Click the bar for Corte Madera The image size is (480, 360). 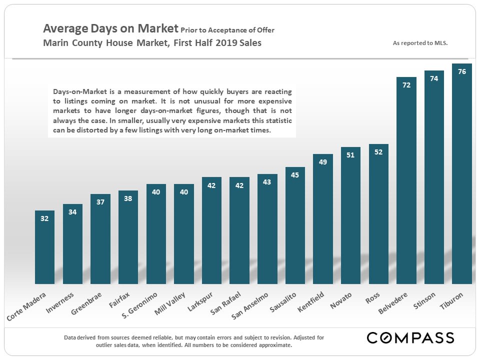click(x=44, y=247)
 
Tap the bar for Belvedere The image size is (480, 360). click(x=406, y=180)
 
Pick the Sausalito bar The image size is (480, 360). click(x=295, y=225)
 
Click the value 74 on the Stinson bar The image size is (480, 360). click(x=434, y=78)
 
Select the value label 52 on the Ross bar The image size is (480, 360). click(x=378, y=152)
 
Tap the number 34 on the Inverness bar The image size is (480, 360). click(x=72, y=212)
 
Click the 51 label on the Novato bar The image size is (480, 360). click(x=350, y=155)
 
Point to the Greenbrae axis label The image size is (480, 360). click(x=87, y=303)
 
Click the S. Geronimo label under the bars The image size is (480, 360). click(x=140, y=305)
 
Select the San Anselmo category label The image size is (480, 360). click(x=250, y=305)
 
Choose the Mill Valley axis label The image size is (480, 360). click(x=170, y=303)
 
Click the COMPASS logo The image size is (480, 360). click(x=410, y=337)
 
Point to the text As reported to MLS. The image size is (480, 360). click(x=420, y=43)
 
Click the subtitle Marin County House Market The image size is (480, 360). click(x=105, y=42)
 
